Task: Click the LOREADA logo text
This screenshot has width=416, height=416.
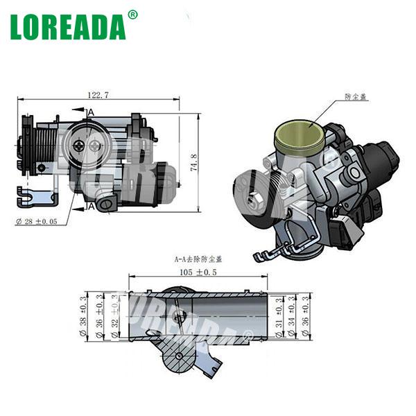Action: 67,26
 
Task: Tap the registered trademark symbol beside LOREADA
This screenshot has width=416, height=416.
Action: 133,14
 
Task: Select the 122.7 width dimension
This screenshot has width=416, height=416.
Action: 98,94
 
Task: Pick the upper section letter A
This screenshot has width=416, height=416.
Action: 91,112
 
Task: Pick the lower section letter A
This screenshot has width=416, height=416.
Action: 91,207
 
